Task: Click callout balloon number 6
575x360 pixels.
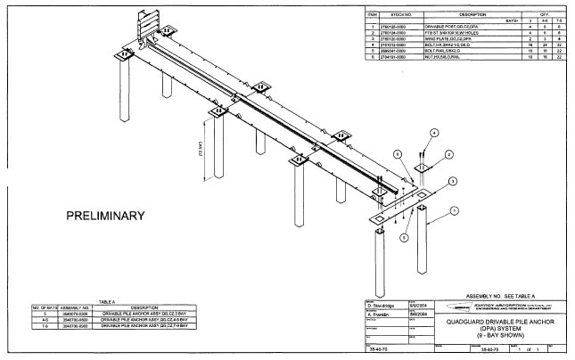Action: point(398,153)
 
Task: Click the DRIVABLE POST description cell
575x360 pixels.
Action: point(431,28)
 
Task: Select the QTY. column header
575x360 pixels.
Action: point(546,15)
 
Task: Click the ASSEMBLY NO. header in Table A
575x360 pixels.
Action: point(77,309)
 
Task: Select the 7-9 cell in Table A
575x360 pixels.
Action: point(44,326)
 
